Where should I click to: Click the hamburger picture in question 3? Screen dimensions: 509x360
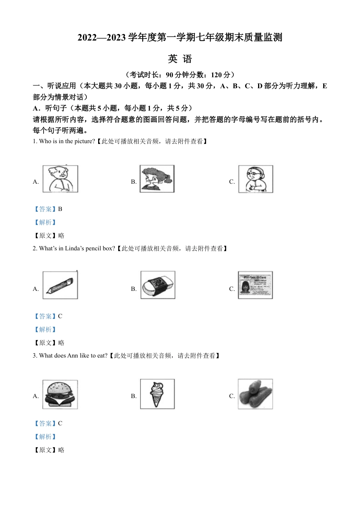coord(60,395)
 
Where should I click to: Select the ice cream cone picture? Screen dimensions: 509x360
coord(157,394)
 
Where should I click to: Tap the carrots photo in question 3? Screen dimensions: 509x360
coord(255,394)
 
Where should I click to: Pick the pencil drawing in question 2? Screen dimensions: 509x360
coord(60,285)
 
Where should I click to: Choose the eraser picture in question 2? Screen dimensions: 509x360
coord(158,285)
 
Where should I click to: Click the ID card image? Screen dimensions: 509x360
coord(255,285)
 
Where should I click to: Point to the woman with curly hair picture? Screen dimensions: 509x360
coord(157,179)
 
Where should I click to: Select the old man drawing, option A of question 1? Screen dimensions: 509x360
coord(60,179)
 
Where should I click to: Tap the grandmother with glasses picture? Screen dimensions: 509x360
coord(255,179)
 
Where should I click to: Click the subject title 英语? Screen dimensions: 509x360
coord(180,59)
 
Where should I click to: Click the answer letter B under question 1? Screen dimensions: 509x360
coord(60,209)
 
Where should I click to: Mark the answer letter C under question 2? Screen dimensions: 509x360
coord(60,316)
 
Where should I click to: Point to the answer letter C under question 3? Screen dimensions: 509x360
coord(60,423)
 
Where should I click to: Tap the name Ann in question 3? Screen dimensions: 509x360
coord(72,356)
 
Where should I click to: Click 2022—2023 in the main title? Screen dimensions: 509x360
coord(102,37)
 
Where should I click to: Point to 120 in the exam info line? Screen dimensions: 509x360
coord(216,75)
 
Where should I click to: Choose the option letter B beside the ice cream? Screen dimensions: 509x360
coord(133,396)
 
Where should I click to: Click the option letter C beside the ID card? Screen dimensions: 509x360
coord(232,289)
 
